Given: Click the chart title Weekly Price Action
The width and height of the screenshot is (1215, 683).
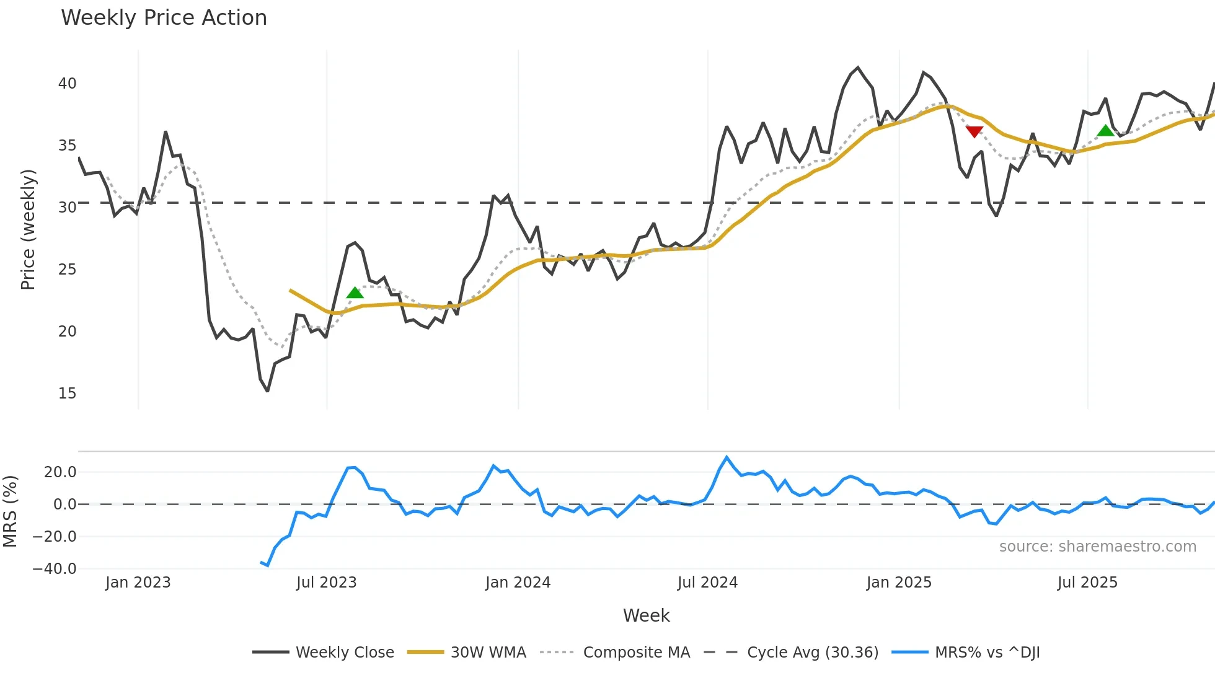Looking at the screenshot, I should coord(164,18).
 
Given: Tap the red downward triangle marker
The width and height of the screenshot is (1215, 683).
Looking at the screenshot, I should coord(974,131).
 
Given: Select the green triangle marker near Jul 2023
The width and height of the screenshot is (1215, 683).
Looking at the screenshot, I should coord(355,293).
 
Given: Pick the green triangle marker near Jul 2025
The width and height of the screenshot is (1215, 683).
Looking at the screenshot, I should coord(1105,130).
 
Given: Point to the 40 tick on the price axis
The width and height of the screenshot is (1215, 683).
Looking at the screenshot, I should coord(67,84).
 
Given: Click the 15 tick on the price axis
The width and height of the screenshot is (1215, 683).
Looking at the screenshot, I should coord(67,394).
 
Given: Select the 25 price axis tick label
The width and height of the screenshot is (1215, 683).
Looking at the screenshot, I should coord(67,270).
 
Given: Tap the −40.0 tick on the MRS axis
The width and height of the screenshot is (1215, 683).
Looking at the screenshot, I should coord(55,569).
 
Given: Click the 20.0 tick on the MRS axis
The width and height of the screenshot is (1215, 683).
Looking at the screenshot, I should coord(60,472).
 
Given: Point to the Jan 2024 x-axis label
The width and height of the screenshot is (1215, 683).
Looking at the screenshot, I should coord(518,583).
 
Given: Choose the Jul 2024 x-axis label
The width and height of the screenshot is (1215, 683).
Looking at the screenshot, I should coord(707,583).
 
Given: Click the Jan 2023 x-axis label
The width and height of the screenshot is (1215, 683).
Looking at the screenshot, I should coord(138,583).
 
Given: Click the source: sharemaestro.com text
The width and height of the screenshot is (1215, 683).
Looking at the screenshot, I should coord(1097,547).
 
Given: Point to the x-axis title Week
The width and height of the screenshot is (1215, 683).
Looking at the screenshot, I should coord(646,615).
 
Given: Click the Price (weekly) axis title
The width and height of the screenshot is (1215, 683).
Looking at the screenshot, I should coord(28,229).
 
